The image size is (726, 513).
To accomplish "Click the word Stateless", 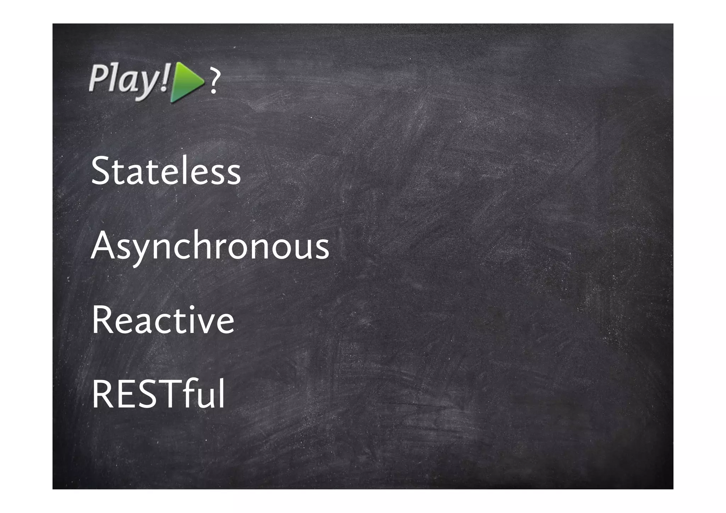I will click(x=166, y=171).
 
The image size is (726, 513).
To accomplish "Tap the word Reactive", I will click(x=163, y=320).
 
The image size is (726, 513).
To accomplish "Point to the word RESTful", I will click(x=158, y=394).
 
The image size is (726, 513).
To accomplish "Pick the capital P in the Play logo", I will click(x=97, y=78).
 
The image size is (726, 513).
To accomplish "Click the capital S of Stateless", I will click(x=101, y=171).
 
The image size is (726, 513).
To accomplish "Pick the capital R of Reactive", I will click(x=102, y=320).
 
